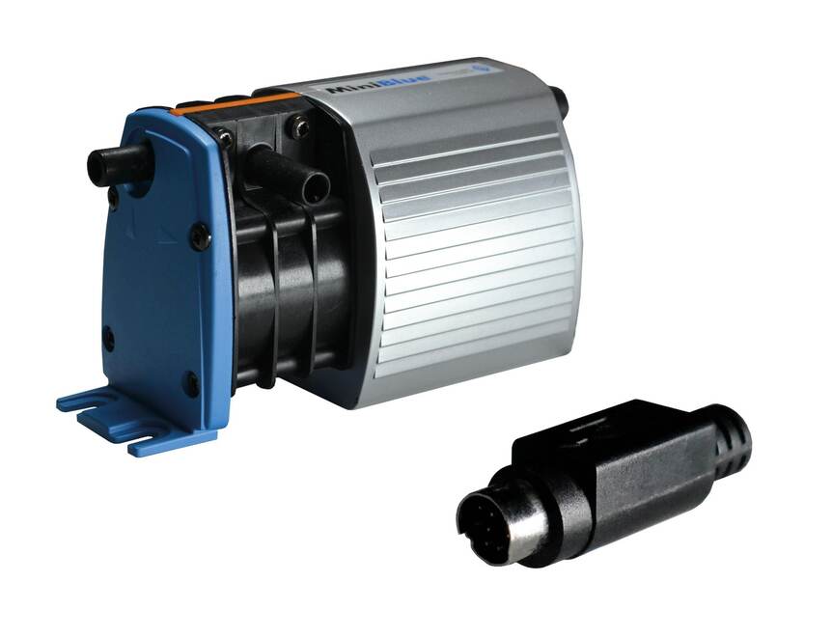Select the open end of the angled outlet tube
pos(315,187)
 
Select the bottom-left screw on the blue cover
pos(109,339)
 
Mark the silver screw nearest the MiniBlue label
pos(301,125)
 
